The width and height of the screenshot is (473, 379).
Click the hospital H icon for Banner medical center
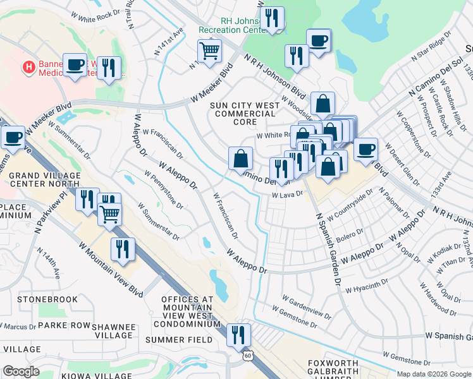pos(28,66)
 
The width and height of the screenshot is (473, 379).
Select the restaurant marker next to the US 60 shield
pos(238,334)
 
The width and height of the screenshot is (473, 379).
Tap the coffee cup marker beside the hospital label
pos(75,64)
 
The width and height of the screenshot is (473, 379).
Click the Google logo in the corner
pos(21,371)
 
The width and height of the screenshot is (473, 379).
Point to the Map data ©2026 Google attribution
pos(433,374)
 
